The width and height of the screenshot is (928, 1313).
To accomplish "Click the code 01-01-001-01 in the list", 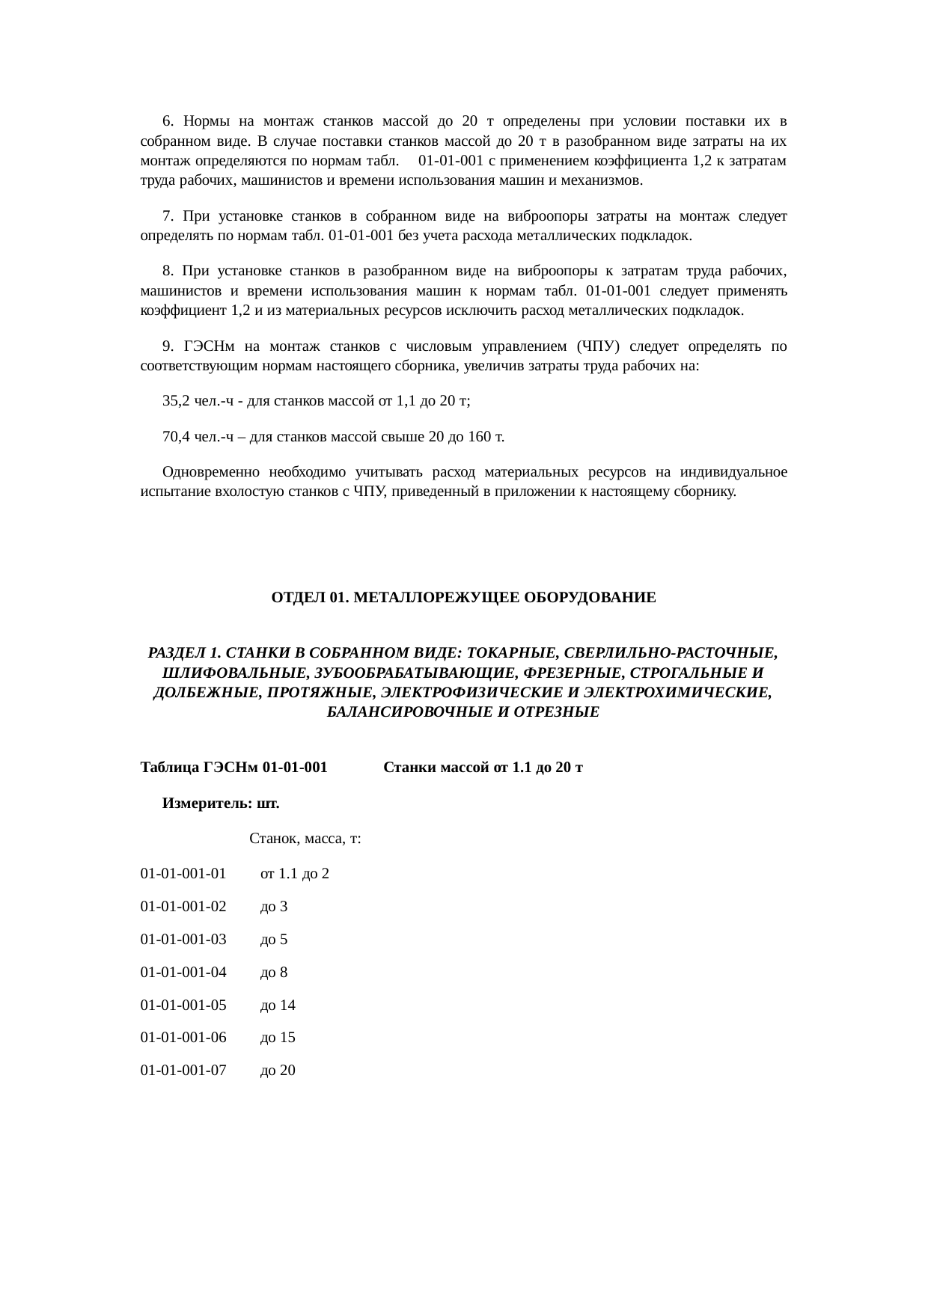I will [183, 873].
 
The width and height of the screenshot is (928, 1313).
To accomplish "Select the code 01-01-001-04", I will [183, 972].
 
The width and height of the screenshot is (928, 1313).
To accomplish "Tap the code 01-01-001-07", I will [183, 1071].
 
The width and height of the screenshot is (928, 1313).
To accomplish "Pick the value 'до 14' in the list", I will [278, 1005].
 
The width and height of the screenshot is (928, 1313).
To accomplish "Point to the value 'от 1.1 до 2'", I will [294, 873].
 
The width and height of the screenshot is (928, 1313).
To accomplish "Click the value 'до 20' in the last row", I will [278, 1071].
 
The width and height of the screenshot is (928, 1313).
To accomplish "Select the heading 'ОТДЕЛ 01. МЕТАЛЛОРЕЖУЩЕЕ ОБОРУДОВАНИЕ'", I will [463, 598].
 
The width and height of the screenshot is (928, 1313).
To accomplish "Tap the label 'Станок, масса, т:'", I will [305, 839].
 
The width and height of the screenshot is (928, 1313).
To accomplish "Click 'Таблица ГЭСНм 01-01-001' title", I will [233, 768].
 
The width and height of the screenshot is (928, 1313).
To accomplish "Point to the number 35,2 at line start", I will [177, 401].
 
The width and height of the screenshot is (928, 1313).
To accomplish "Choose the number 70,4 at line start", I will [177, 437].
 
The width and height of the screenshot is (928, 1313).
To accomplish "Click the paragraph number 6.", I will [168, 121].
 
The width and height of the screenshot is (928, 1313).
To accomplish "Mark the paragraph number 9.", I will [168, 346].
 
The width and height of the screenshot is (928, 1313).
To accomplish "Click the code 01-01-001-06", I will [183, 1038].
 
